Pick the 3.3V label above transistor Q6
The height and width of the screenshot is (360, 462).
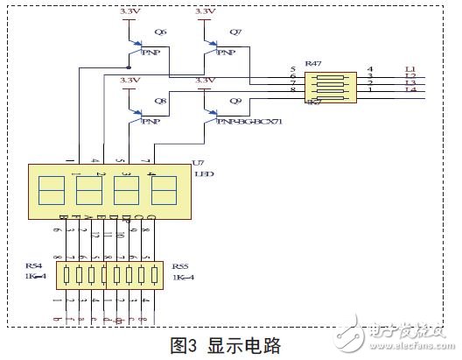129,11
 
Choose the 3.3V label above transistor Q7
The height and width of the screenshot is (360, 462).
205,11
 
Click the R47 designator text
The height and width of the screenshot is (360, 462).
312,64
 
